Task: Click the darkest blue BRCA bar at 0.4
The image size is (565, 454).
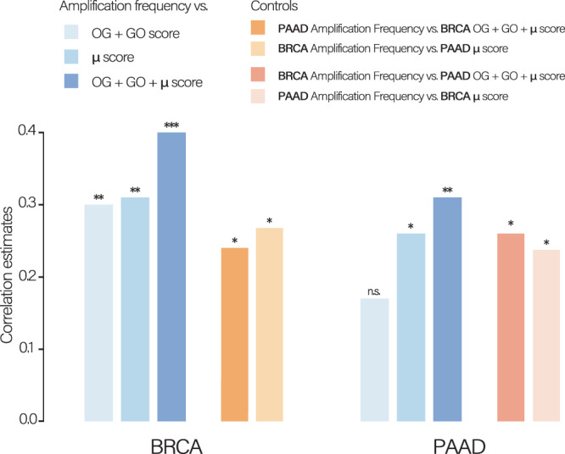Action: coord(171,276)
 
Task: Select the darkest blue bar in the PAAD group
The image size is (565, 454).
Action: coord(447,309)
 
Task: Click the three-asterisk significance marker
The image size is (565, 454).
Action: coord(171,125)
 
